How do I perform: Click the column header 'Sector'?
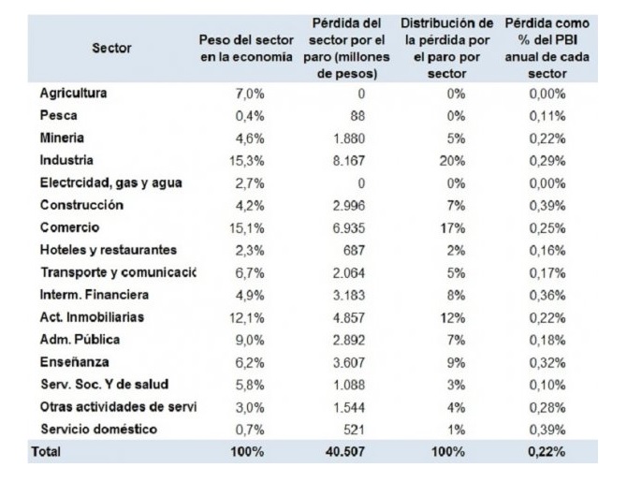point(112,48)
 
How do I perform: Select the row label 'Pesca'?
point(57,116)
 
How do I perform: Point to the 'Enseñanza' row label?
point(75,362)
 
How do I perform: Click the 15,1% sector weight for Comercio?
point(247,227)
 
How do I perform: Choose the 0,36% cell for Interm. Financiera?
point(546,295)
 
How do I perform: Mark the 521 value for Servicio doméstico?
point(353,429)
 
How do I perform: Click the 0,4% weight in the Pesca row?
point(250,116)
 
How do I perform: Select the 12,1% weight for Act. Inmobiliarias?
point(247,317)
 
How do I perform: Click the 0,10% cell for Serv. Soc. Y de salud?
point(546,384)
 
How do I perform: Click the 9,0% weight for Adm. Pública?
point(250,340)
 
